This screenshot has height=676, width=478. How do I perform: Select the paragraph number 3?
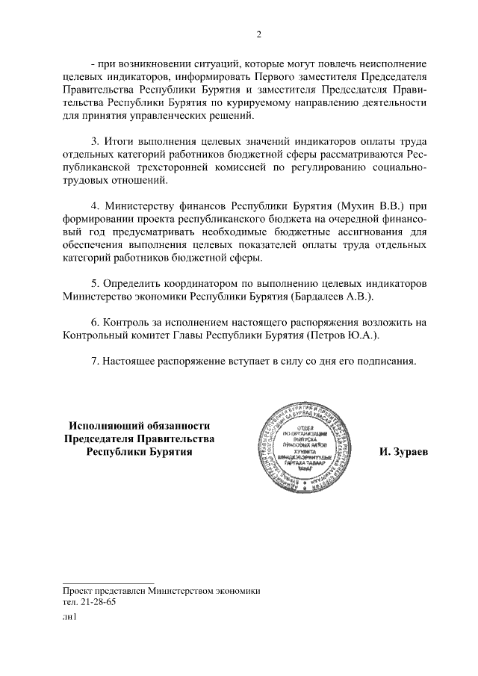[95, 142]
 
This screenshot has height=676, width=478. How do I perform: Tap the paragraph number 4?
[95, 206]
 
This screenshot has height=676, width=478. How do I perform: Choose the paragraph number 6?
[95, 323]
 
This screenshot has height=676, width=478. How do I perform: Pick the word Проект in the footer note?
[76, 590]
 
